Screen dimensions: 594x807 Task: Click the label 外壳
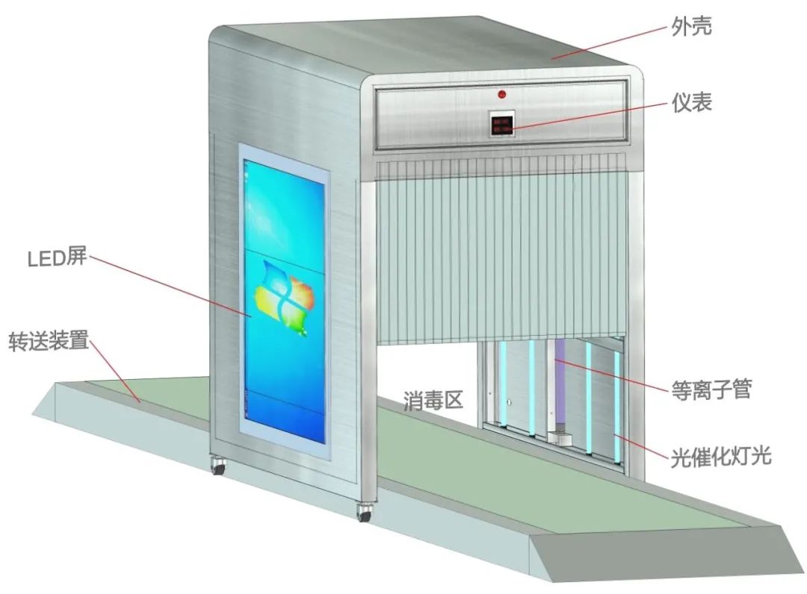point(690,28)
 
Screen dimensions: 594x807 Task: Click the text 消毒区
point(434,400)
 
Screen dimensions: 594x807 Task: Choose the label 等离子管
point(710,389)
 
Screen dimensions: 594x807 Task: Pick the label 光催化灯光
point(720,454)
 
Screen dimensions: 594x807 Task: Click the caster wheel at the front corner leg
point(365,514)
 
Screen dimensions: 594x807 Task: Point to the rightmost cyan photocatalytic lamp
point(618,407)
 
